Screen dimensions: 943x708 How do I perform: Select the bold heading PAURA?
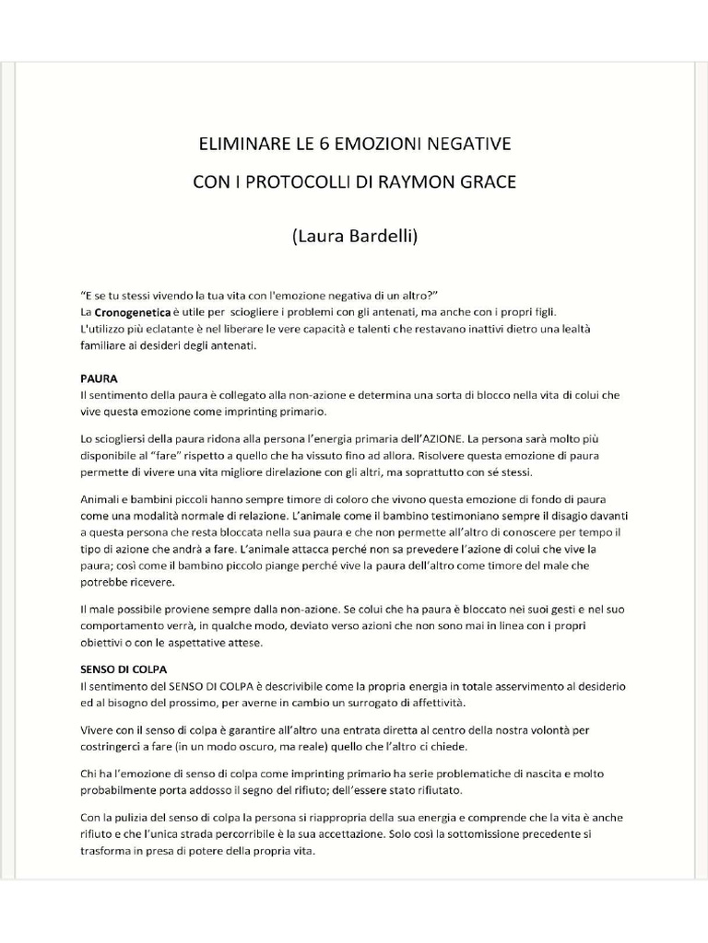(99, 378)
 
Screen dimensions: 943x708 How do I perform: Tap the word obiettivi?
(104, 643)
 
